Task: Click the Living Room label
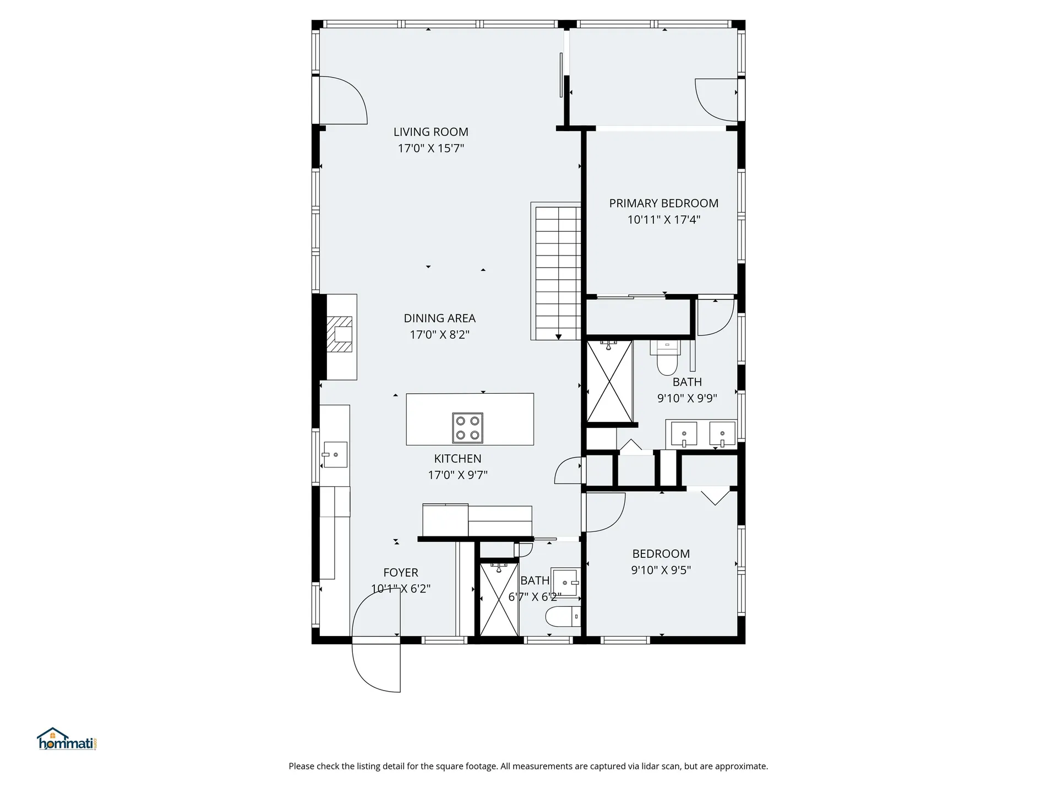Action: click(431, 132)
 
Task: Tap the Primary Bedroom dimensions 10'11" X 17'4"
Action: click(663, 220)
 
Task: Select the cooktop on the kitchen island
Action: click(467, 428)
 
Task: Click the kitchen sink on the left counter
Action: click(335, 454)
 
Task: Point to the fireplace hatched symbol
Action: click(340, 334)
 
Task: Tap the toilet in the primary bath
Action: click(667, 356)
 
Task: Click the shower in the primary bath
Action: click(609, 381)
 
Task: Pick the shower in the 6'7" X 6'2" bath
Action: click(499, 599)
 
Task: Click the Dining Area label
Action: click(439, 318)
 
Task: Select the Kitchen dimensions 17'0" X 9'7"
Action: click(457, 475)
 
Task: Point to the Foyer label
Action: click(401, 573)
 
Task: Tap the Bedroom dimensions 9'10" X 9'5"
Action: click(661, 570)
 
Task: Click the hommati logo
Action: click(67, 739)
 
